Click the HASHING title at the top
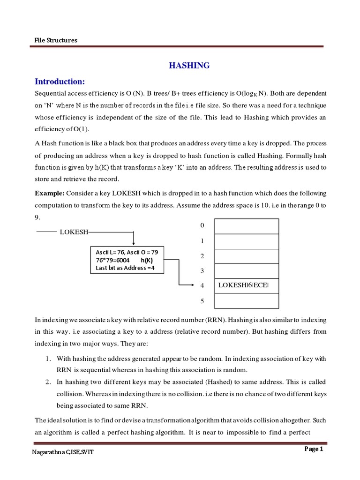point(189,66)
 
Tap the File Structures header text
point(56,40)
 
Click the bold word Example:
point(50,193)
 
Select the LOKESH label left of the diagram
point(74,232)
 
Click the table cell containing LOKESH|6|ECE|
point(246,285)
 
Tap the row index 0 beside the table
point(202,225)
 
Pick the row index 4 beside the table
point(202,285)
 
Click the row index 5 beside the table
point(202,301)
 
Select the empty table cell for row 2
point(246,256)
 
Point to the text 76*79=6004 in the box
point(112,260)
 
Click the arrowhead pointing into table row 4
point(192,285)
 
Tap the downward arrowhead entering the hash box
point(134,242)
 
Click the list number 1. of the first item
point(48,359)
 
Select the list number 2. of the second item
point(48,381)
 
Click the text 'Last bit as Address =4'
point(125,268)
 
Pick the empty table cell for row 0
point(246,226)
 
